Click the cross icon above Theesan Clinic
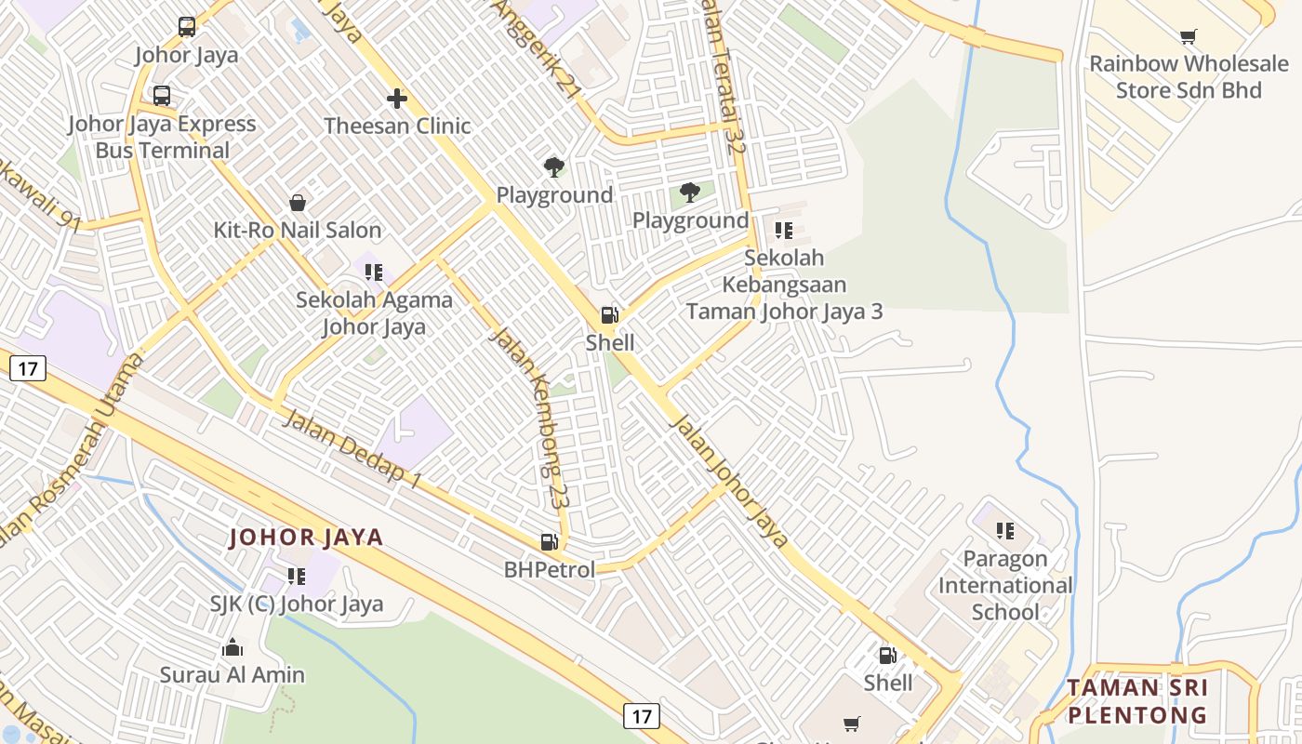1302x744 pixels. tap(397, 98)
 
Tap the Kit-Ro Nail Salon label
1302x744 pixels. tap(298, 230)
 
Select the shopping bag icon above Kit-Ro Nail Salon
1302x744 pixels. tap(298, 202)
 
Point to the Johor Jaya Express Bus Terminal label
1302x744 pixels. tap(162, 137)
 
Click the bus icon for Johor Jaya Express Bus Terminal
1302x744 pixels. tap(162, 95)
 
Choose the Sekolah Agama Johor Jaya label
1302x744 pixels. tap(374, 313)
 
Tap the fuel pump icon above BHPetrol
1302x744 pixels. tap(550, 541)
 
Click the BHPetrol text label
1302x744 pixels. tap(550, 569)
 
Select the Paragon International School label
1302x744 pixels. tap(1004, 585)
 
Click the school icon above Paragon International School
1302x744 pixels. tap(1004, 531)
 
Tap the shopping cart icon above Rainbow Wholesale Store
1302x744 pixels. tap(1188, 37)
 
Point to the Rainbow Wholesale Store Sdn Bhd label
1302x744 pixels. tap(1188, 77)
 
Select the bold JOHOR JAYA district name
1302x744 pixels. tap(306, 538)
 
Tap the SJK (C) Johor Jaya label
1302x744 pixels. tap(296, 604)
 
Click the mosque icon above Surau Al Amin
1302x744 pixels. tap(232, 647)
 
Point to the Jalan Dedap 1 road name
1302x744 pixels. tap(352, 447)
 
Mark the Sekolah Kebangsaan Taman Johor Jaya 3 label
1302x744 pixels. tap(784, 285)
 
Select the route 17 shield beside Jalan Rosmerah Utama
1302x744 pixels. tap(28, 368)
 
